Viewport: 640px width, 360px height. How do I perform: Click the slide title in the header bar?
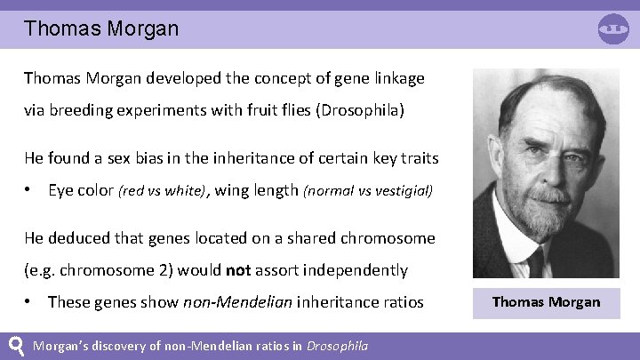[101, 28]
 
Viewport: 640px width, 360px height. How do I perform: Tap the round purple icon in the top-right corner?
[613, 28]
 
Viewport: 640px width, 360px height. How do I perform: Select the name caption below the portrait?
[546, 301]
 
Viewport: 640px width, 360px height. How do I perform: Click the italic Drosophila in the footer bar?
[337, 346]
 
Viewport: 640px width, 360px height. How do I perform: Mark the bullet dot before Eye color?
[29, 190]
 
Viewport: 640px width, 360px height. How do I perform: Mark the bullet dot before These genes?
[29, 302]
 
